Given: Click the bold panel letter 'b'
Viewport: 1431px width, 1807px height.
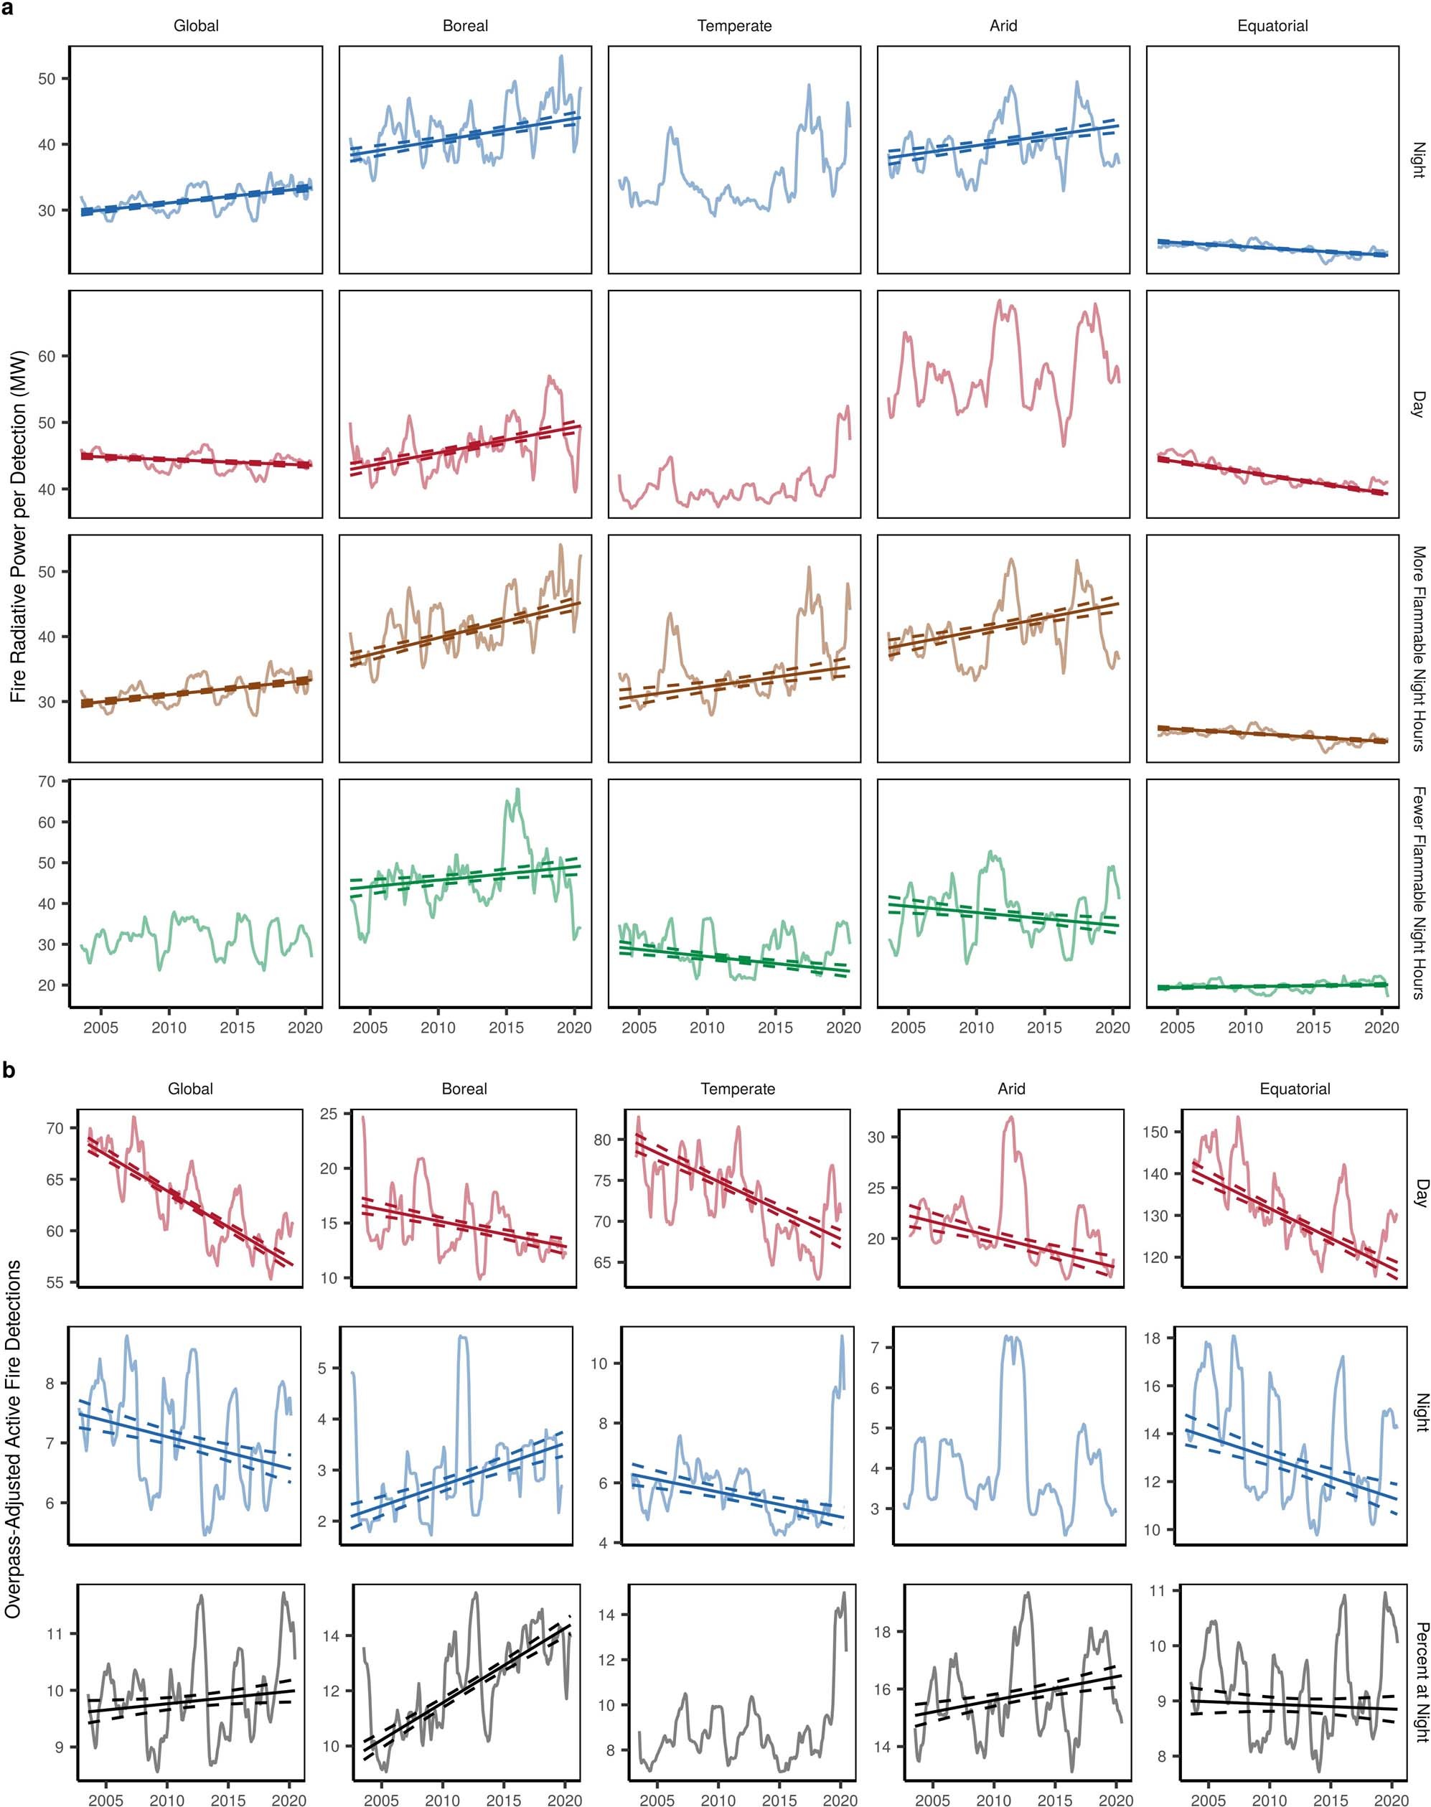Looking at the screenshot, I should coord(9,1071).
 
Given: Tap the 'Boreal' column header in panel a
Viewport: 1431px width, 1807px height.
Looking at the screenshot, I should coord(465,26).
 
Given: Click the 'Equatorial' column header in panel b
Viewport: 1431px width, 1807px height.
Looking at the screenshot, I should coord(1295,1089).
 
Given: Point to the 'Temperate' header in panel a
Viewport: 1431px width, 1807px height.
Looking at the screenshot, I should coord(734,26).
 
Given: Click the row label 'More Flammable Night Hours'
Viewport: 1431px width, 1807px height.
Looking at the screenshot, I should coord(1417,649).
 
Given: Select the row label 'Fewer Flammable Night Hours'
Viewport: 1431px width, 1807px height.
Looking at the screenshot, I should coord(1417,892).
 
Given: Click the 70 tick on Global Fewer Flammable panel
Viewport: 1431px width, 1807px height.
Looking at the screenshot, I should coord(47,782).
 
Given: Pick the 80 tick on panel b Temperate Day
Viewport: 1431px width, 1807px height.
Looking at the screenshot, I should coord(601,1140).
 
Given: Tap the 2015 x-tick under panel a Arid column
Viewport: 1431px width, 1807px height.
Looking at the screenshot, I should coord(1045,1028).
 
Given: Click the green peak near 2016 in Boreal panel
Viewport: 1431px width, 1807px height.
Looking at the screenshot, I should coord(517,789).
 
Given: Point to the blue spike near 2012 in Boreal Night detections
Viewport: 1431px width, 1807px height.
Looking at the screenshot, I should coord(462,1337).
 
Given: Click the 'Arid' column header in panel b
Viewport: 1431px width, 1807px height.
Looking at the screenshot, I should coord(1011,1089).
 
